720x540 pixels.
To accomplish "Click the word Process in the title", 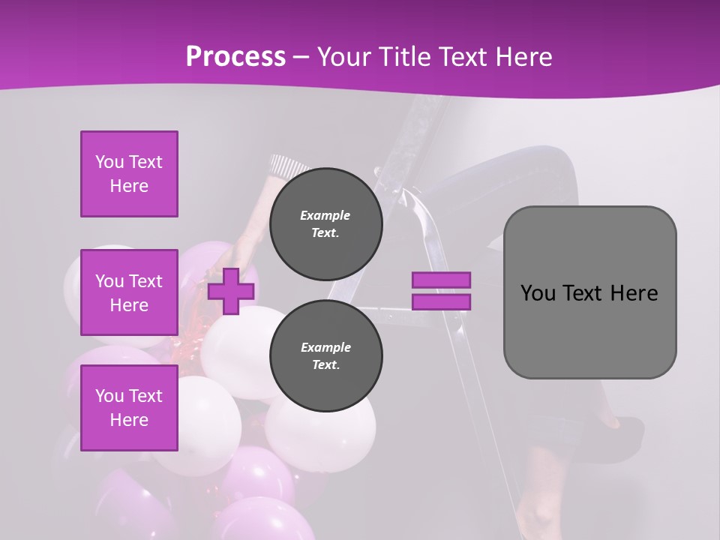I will tap(235, 57).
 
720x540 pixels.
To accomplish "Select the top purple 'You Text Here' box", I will tap(129, 174).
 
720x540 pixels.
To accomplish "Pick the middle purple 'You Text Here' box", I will tap(129, 292).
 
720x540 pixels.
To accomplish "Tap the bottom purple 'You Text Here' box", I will tap(129, 408).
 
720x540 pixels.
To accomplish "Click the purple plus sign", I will tap(231, 291).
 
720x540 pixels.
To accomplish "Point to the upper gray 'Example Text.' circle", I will tap(325, 224).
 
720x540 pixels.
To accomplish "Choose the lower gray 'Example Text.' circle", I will tap(325, 356).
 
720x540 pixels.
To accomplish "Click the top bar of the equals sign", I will tap(441, 280).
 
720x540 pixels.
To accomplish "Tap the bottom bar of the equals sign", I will tap(441, 301).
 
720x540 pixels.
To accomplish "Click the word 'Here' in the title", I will tap(524, 57).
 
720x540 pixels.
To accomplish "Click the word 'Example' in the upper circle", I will tap(325, 215).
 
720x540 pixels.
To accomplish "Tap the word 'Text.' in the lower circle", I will tap(325, 365).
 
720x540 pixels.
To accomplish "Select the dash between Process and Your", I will tap(301, 57).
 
